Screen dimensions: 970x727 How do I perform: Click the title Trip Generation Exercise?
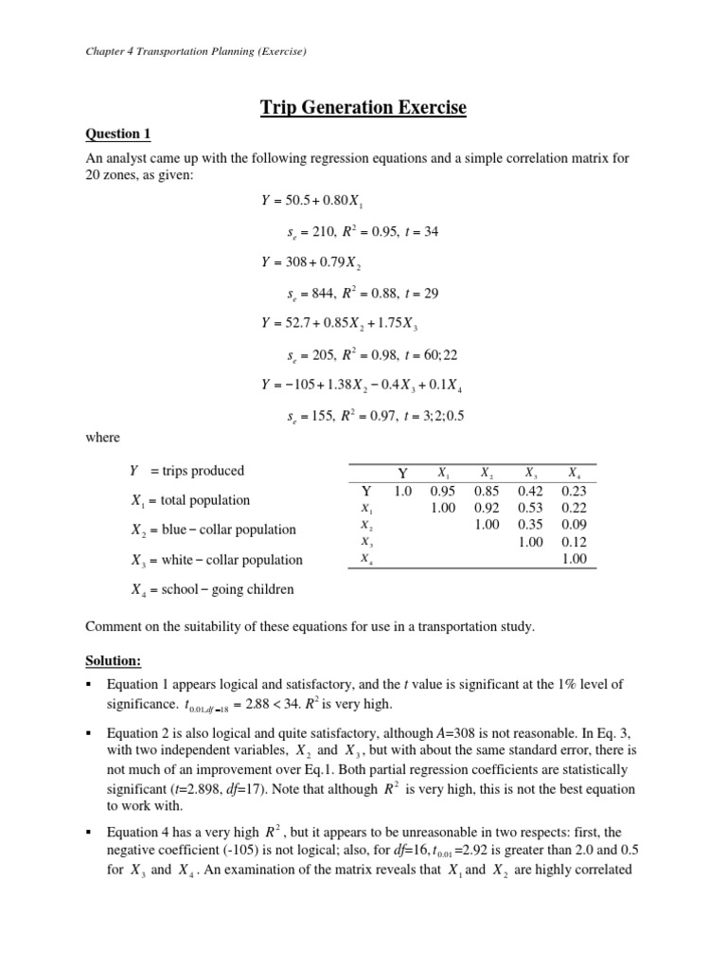[x=363, y=108]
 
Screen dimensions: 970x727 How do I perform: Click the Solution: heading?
[x=114, y=657]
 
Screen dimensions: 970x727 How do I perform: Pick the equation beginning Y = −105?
[x=362, y=385]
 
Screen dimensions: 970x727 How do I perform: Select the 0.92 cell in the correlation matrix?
[x=487, y=508]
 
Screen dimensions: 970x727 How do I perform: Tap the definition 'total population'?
[x=204, y=500]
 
